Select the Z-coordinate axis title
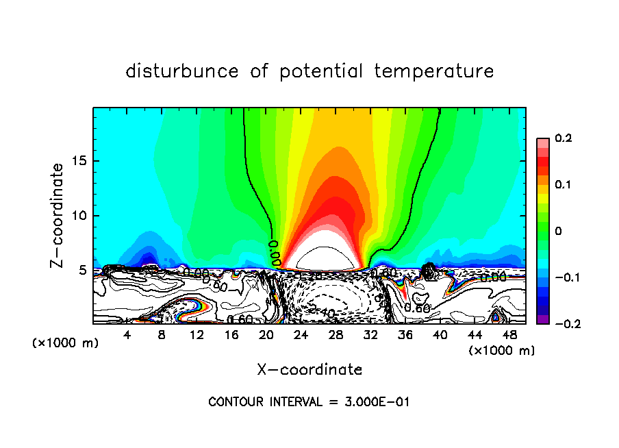click(x=59, y=215)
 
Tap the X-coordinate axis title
click(x=309, y=370)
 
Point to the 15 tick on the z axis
click(x=81, y=161)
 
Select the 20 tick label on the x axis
click(x=266, y=335)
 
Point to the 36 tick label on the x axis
click(x=405, y=335)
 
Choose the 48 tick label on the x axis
click(x=509, y=335)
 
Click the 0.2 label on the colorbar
click(x=562, y=138)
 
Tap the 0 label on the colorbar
click(x=557, y=231)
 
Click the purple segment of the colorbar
click(x=543, y=319)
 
